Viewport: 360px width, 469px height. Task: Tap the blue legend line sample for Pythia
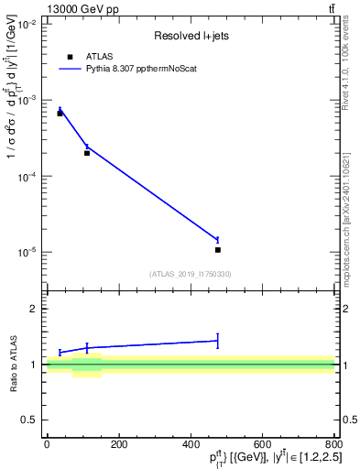70,69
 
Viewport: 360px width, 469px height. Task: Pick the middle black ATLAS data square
87,153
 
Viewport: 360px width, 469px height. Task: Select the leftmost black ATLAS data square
60,113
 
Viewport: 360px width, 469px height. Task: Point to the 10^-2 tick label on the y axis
26,24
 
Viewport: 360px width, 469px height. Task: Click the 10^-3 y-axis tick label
26,100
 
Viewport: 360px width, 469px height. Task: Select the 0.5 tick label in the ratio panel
31,420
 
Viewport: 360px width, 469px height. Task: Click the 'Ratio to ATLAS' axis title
12,365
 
